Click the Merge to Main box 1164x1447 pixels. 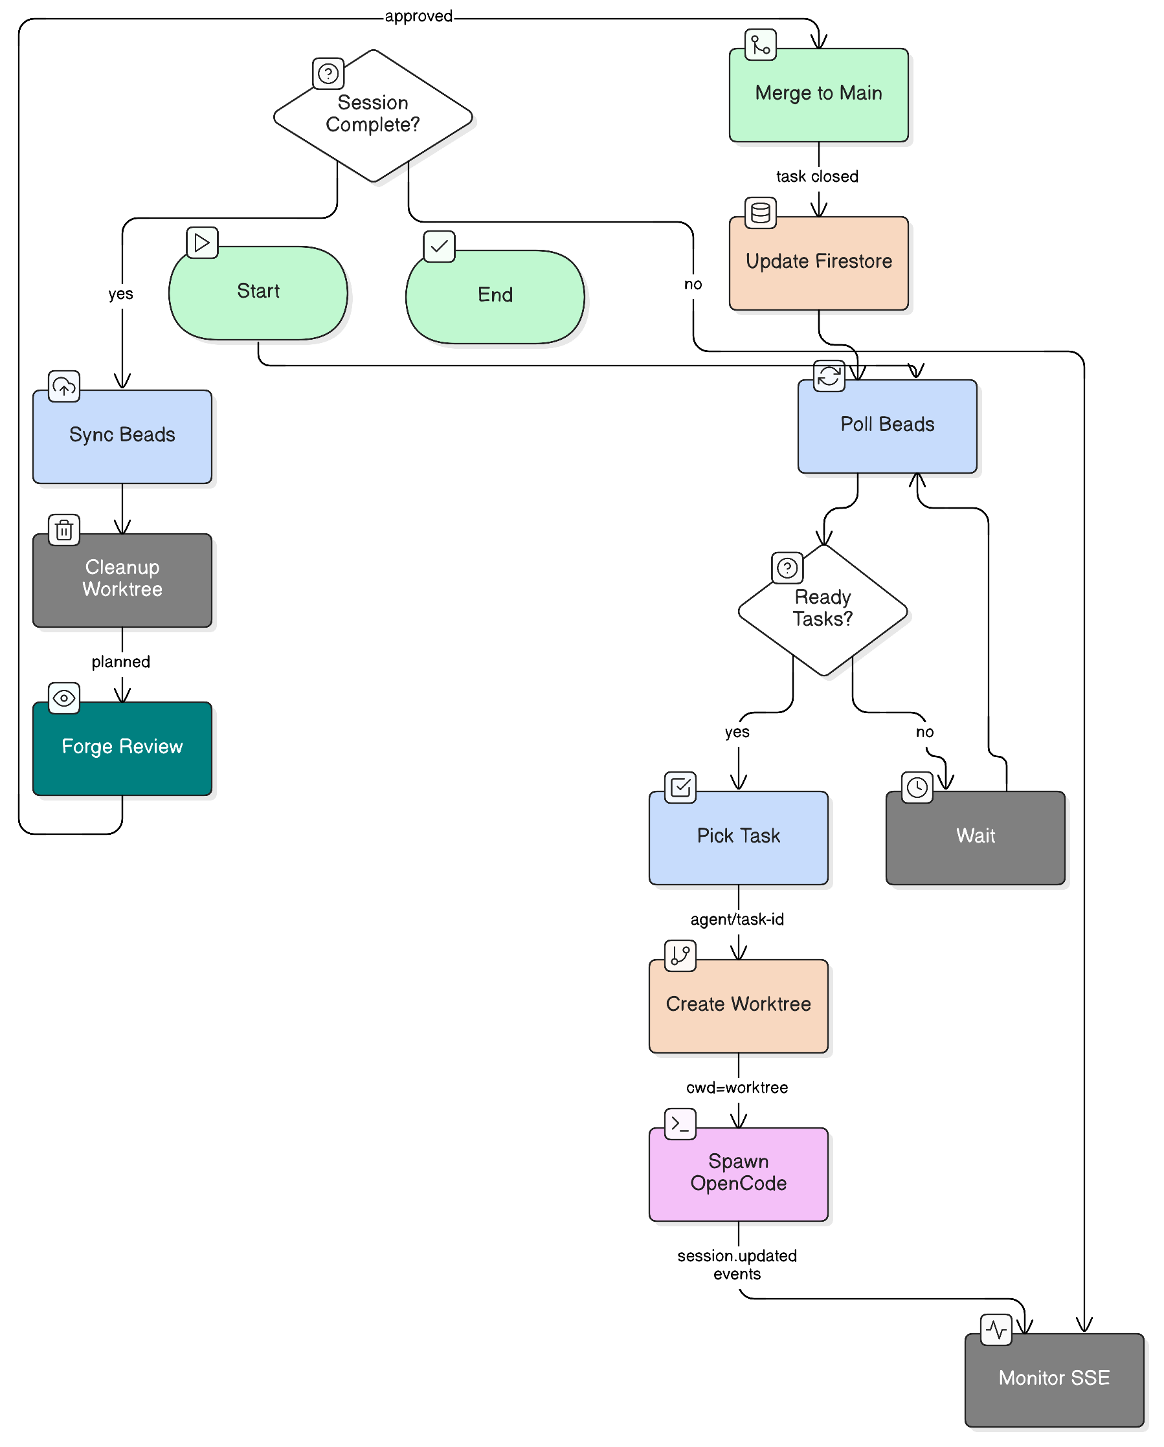pyautogui.click(x=818, y=94)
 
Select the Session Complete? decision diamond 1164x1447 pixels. pyautogui.click(x=372, y=115)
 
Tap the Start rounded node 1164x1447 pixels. pyautogui.click(x=258, y=293)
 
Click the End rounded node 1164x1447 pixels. pyautogui.click(x=495, y=296)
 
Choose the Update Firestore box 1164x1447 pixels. pyautogui.click(x=818, y=263)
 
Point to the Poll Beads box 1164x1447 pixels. pyautogui.click(x=887, y=426)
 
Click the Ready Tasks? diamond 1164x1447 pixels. pyautogui.click(x=822, y=610)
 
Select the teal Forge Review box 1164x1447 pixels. pyautogui.click(x=122, y=748)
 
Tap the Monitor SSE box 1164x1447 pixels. pyautogui.click(x=1053, y=1379)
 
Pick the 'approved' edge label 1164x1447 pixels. pyautogui.click(x=418, y=16)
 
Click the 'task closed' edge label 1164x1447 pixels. pyautogui.click(x=817, y=177)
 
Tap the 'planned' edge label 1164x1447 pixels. pyautogui.click(x=121, y=662)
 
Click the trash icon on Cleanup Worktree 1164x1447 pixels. pyautogui.click(x=64, y=530)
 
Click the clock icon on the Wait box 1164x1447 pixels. pyautogui.click(x=916, y=788)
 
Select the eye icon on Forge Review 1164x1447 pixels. pyautogui.click(x=64, y=698)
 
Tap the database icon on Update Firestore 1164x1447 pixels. pyautogui.click(x=760, y=213)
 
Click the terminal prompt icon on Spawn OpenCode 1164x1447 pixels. pyautogui.click(x=679, y=1123)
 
